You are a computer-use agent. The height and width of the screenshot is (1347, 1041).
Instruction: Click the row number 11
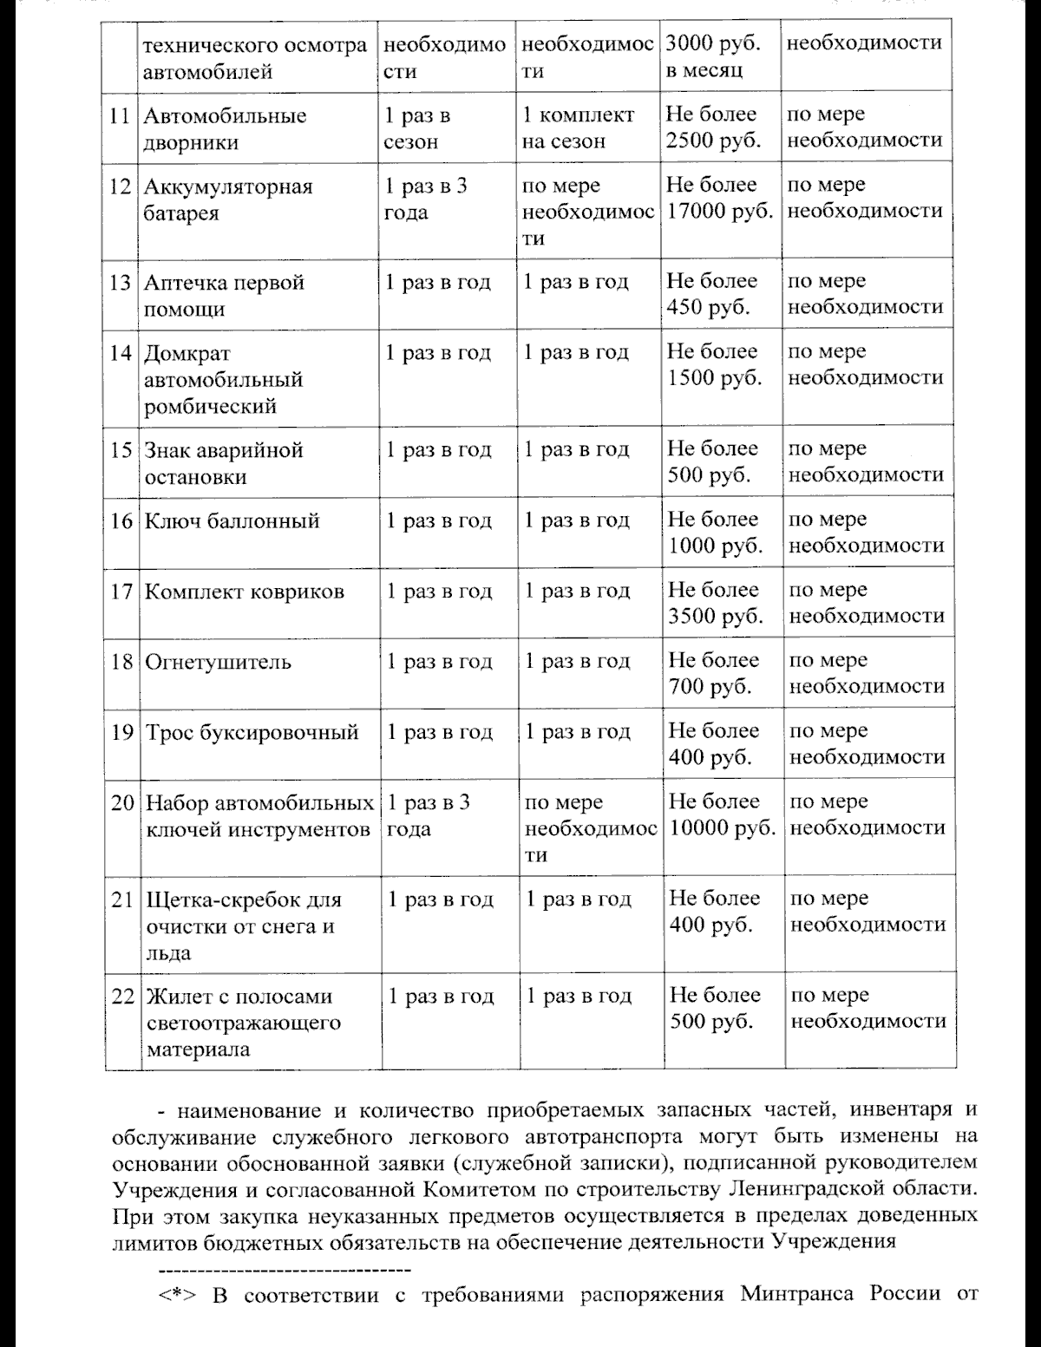121,116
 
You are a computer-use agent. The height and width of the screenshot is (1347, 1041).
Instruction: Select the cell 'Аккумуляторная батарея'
228,199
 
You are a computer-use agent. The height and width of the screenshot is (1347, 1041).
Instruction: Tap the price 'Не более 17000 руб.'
719,198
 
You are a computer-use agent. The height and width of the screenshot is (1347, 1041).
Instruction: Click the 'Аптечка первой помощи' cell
225,295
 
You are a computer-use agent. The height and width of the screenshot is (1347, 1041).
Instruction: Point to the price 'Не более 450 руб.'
712,294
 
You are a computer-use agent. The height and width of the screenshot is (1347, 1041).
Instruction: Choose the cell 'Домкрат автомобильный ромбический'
223,379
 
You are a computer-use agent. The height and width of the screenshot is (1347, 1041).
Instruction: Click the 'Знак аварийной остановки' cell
223,463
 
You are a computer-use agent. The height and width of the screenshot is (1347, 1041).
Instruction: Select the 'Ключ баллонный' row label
232,520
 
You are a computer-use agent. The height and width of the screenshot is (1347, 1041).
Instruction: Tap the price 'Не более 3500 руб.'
716,603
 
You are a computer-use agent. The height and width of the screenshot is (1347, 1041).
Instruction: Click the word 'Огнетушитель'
218,663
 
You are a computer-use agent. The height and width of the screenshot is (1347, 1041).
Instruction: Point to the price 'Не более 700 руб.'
713,674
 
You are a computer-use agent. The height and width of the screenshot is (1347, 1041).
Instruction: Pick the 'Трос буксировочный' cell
252,733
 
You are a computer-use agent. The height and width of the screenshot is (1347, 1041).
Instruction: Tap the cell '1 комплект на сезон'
579,128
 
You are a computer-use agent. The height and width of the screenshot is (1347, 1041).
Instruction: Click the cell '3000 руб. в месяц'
711,56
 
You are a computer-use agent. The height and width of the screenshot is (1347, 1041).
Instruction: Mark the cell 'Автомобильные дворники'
225,129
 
